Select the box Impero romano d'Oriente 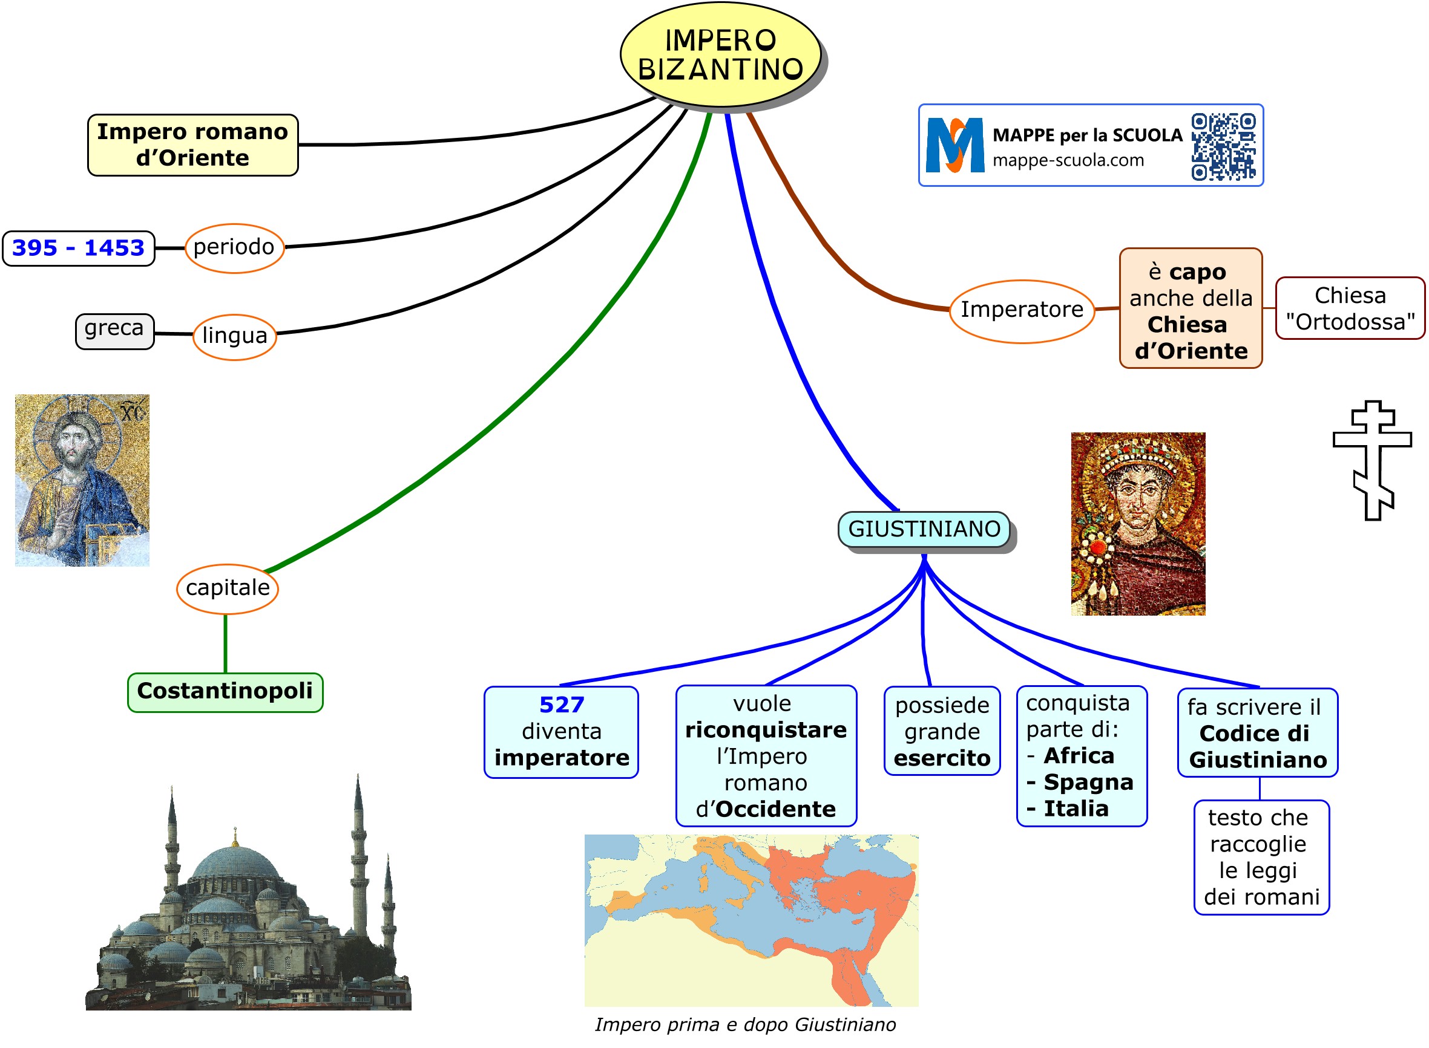pyautogui.click(x=192, y=145)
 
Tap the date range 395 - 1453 pyautogui.click(x=78, y=247)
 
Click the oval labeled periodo pyautogui.click(x=234, y=247)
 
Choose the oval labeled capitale pyautogui.click(x=227, y=588)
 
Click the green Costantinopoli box pyautogui.click(x=225, y=691)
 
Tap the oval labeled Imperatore pyautogui.click(x=1021, y=310)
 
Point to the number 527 pyautogui.click(x=561, y=705)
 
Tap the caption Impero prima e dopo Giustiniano pyautogui.click(x=744, y=1024)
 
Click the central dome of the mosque pyautogui.click(x=235, y=863)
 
